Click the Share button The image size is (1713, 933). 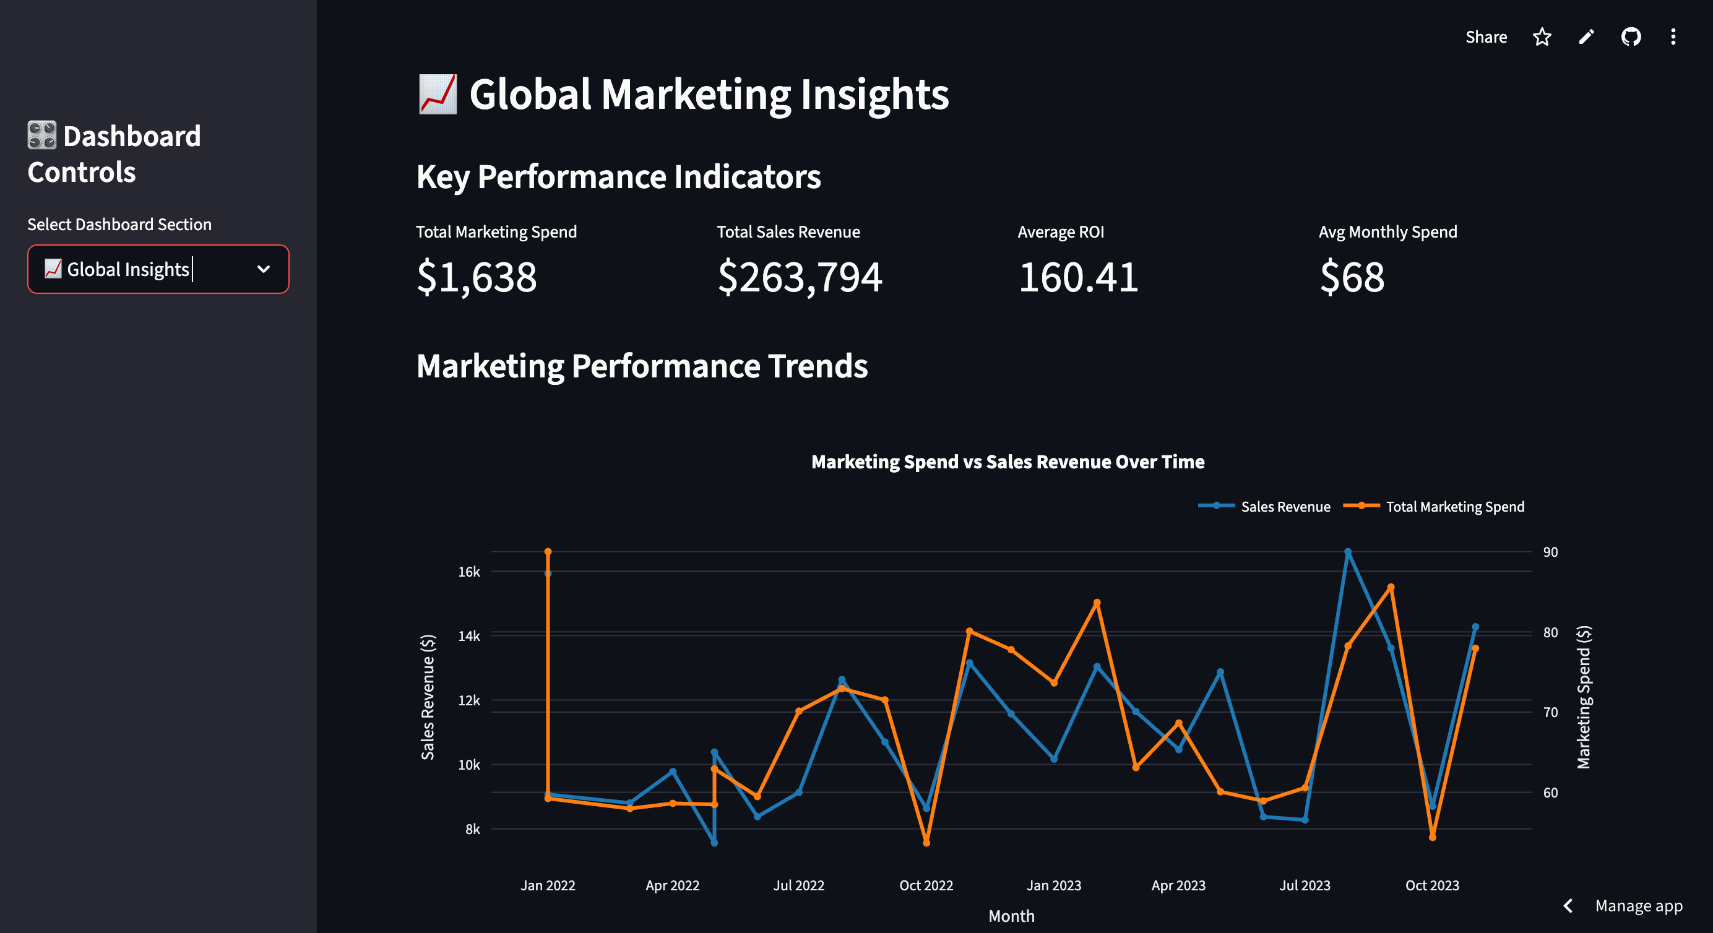[1486, 37]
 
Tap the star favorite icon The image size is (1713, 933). [1542, 37]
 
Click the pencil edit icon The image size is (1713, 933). [1586, 37]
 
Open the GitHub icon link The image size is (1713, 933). [1631, 37]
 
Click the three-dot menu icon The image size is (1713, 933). [1673, 37]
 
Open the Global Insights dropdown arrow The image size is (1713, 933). [264, 269]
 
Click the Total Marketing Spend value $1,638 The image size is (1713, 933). [476, 277]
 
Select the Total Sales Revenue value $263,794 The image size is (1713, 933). [800, 277]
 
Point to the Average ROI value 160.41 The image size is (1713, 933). [1078, 277]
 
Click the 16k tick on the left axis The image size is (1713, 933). [469, 572]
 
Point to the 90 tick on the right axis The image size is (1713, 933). [1550, 552]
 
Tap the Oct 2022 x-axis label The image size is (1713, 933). [926, 885]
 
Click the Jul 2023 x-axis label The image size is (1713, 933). [1305, 885]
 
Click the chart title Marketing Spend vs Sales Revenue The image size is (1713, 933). [1008, 462]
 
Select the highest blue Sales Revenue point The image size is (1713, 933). [1348, 552]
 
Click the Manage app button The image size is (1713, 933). [1638, 906]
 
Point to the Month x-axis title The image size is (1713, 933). [1011, 916]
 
